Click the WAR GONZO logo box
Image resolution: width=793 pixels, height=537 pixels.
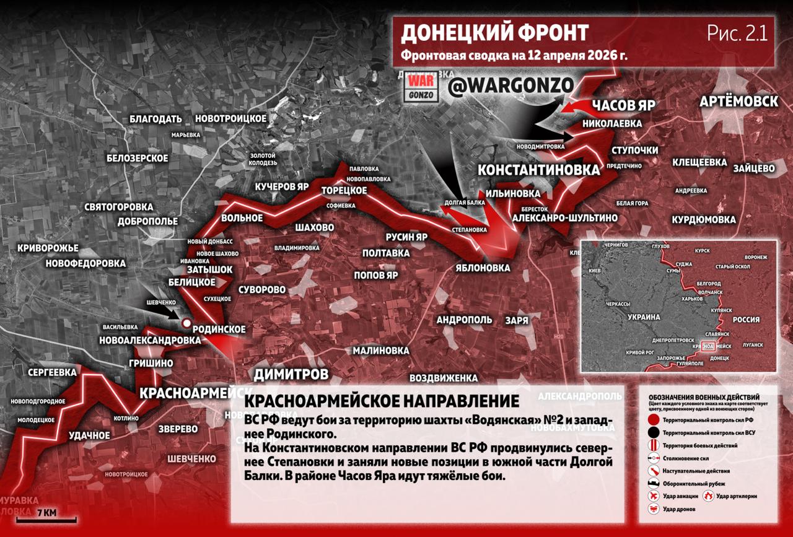[423, 87]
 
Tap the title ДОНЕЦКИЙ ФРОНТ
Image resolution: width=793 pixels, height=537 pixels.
[494, 33]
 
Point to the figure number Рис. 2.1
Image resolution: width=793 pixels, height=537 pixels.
[737, 33]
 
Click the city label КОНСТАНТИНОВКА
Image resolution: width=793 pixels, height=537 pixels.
[539, 170]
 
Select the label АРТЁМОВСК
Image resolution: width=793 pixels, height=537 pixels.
[738, 102]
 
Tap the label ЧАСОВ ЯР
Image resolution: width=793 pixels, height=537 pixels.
[623, 104]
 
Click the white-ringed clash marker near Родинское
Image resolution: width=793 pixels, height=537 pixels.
[186, 322]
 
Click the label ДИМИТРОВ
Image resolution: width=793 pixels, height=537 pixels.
[291, 374]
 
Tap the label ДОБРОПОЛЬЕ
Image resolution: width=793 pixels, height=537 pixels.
[149, 221]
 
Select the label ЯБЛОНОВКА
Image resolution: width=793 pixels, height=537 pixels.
[481, 268]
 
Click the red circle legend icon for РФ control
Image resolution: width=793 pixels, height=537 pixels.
[653, 420]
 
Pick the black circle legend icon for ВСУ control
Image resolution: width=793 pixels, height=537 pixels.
[653, 432]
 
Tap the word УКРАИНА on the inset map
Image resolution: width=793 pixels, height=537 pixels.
[644, 317]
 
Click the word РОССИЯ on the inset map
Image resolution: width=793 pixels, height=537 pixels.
[746, 320]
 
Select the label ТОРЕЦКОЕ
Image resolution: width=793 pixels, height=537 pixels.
[344, 190]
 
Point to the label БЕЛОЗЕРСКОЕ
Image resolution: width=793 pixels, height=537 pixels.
[138, 158]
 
